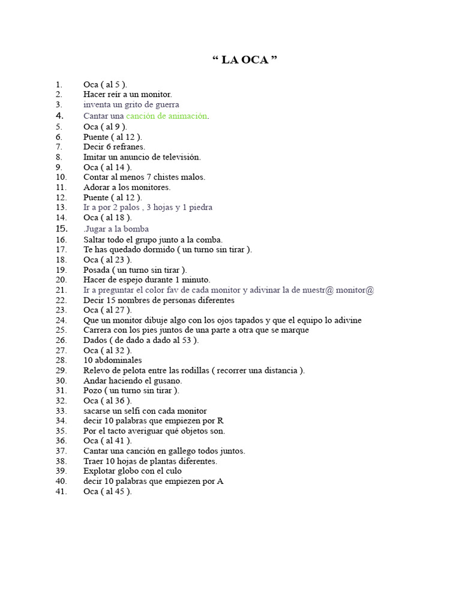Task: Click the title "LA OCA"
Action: (245, 60)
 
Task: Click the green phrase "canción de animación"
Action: (167, 116)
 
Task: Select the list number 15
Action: (61, 228)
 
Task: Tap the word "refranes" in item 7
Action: (129, 146)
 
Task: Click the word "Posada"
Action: (97, 270)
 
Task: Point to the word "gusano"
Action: (167, 380)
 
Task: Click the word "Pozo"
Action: (93, 390)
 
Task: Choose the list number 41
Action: (61, 491)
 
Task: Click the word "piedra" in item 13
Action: (200, 207)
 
